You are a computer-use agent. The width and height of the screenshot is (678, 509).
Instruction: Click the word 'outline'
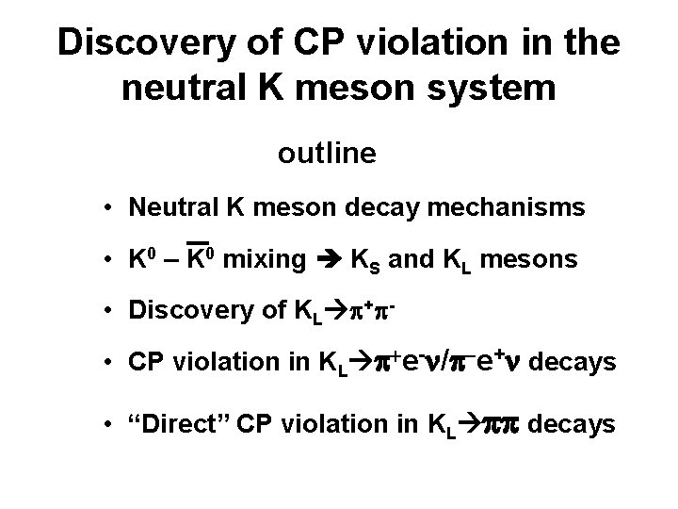[327, 154]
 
